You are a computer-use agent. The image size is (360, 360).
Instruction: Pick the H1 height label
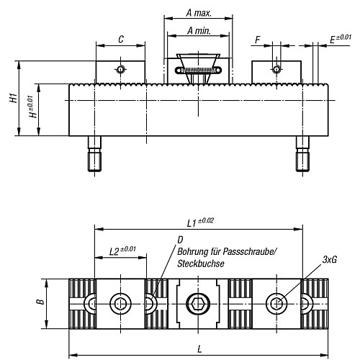tap(13, 98)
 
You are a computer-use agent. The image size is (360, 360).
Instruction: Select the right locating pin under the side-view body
tap(302, 156)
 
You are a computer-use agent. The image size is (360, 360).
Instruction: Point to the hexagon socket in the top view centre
tap(198, 304)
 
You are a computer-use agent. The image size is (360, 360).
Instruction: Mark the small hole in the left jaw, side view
tap(120, 70)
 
